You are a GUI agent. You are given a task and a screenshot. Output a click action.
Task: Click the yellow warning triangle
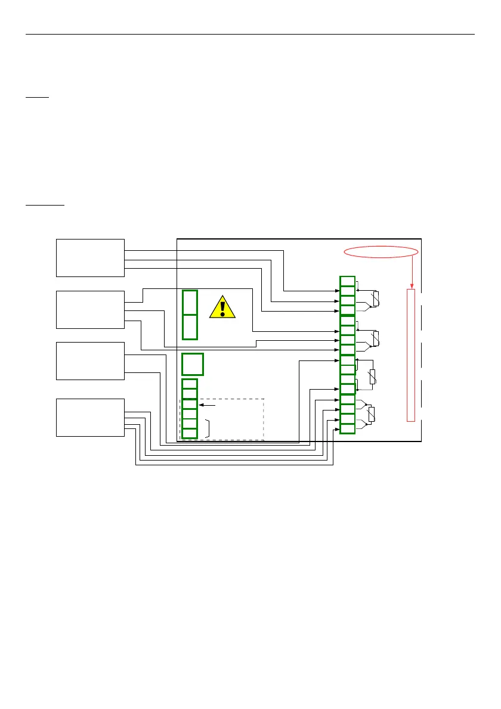pyautogui.click(x=222, y=307)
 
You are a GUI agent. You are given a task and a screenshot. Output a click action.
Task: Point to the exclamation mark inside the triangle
pyautogui.click(x=222, y=307)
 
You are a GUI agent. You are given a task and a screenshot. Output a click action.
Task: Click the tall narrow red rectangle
pyautogui.click(x=410, y=355)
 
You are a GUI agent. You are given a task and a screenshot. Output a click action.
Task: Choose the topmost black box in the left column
pyautogui.click(x=90, y=257)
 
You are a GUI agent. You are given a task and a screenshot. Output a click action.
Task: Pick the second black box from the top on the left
pyautogui.click(x=90, y=310)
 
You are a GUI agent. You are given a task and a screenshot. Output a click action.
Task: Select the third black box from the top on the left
pyautogui.click(x=90, y=360)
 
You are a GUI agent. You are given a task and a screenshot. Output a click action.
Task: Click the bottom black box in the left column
pyautogui.click(x=90, y=417)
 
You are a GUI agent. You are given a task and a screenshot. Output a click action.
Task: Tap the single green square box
pyautogui.click(x=193, y=364)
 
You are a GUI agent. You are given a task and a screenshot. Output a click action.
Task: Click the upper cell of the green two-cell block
pyautogui.click(x=190, y=303)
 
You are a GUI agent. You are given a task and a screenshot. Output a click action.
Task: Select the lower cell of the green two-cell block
pyautogui.click(x=190, y=326)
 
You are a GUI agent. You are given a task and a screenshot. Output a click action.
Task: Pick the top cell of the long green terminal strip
pyautogui.click(x=347, y=281)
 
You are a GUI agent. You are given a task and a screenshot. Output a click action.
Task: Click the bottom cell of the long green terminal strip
pyautogui.click(x=347, y=428)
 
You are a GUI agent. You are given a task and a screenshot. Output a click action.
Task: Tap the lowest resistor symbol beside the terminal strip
pyautogui.click(x=372, y=414)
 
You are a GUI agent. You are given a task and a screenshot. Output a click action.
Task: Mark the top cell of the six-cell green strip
pyautogui.click(x=189, y=384)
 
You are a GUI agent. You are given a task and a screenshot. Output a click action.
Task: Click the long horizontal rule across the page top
pyautogui.click(x=250, y=34)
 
